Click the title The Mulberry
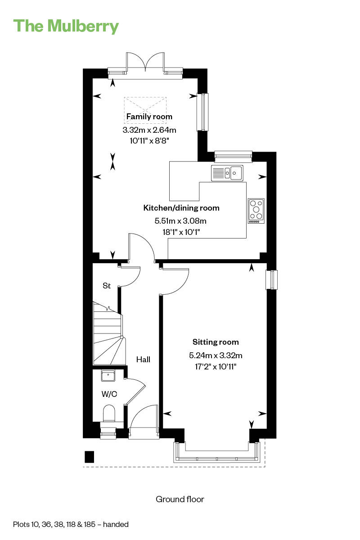click(x=66, y=26)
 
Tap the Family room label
click(x=149, y=117)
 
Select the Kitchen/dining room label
click(x=181, y=208)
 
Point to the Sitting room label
click(x=216, y=342)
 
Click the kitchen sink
click(x=227, y=173)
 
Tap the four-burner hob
click(x=256, y=211)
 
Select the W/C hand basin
click(x=108, y=375)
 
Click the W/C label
click(x=109, y=394)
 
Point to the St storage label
click(x=107, y=286)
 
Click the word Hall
click(x=143, y=360)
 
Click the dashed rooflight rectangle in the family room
click(x=145, y=110)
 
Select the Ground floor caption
click(x=180, y=499)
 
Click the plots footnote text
click(x=71, y=524)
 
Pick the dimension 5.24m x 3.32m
click(x=216, y=355)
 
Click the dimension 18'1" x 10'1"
click(x=181, y=232)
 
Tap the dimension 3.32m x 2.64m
click(x=149, y=130)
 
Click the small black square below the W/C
click(x=89, y=457)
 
